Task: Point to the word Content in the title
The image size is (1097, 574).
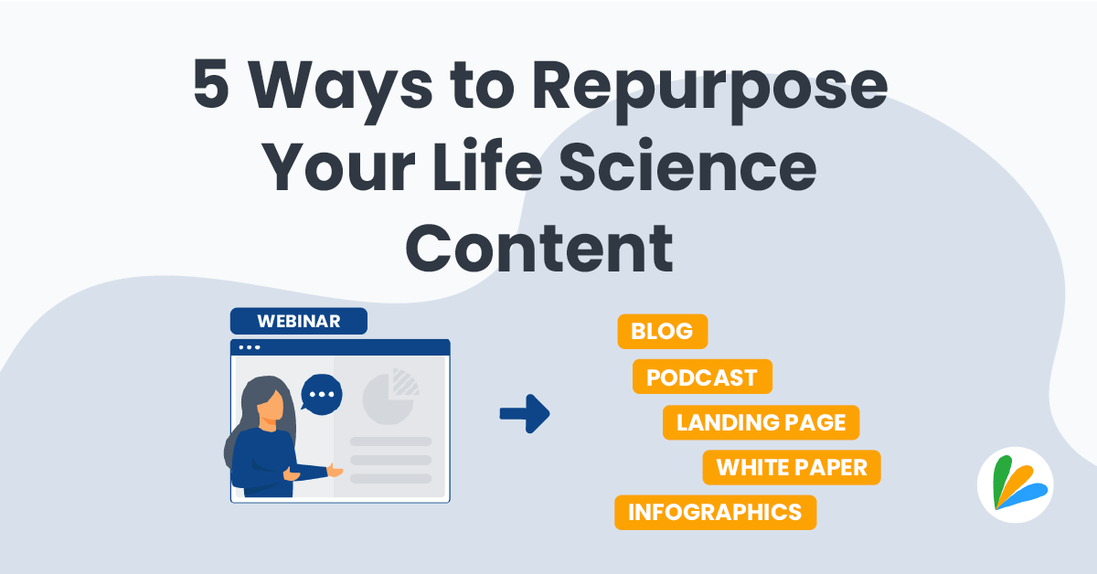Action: (x=539, y=245)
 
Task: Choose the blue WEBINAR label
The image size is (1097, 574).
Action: (x=299, y=322)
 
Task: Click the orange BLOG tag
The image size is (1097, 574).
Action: (x=662, y=331)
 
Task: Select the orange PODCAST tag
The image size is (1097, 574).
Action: (x=702, y=377)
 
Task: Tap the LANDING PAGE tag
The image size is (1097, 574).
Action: (x=761, y=422)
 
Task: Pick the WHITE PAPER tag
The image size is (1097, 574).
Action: (x=791, y=467)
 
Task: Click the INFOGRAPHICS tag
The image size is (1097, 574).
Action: (x=715, y=512)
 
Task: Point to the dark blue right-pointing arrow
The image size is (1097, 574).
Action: (x=525, y=413)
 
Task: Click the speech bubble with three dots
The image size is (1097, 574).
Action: (x=321, y=394)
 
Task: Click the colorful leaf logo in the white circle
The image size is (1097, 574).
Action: (x=1015, y=484)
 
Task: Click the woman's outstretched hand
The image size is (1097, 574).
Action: (x=335, y=471)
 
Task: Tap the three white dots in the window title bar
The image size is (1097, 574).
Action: (x=249, y=347)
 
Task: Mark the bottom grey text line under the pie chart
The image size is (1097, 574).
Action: (x=390, y=478)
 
